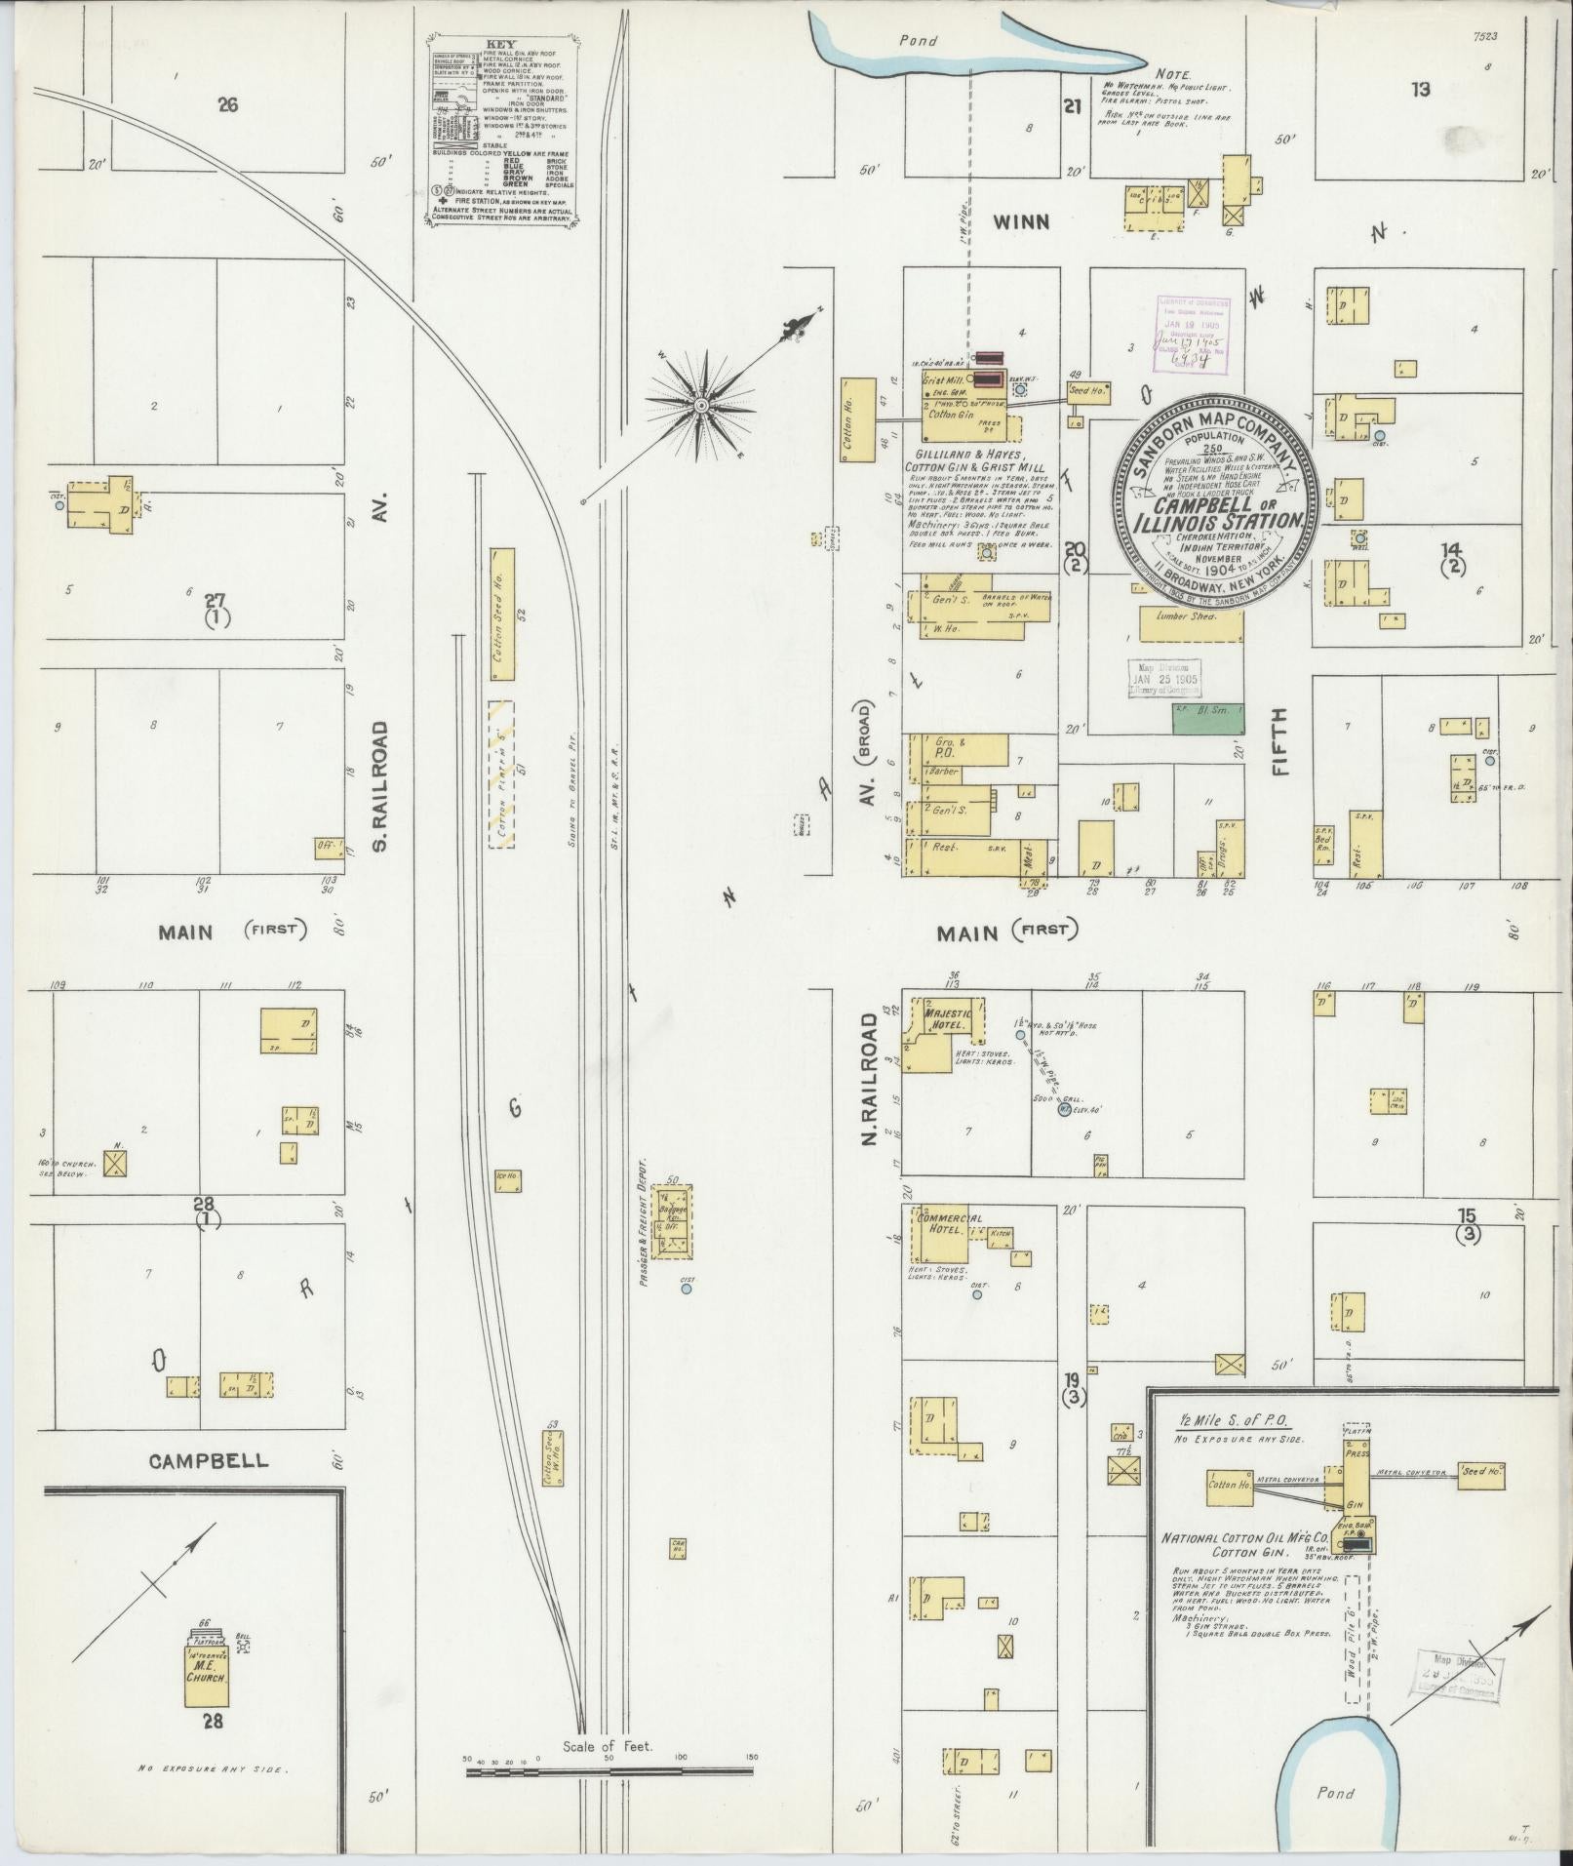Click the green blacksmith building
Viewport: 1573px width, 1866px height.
(x=1207, y=719)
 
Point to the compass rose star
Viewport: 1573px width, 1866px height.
(x=700, y=403)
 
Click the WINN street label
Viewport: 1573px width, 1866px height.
(x=1021, y=222)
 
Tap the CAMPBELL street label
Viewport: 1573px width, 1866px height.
(x=209, y=1460)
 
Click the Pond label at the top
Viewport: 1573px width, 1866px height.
(x=918, y=41)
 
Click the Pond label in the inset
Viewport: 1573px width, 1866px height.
(x=1335, y=1793)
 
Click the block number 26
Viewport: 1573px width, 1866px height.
(x=227, y=104)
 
